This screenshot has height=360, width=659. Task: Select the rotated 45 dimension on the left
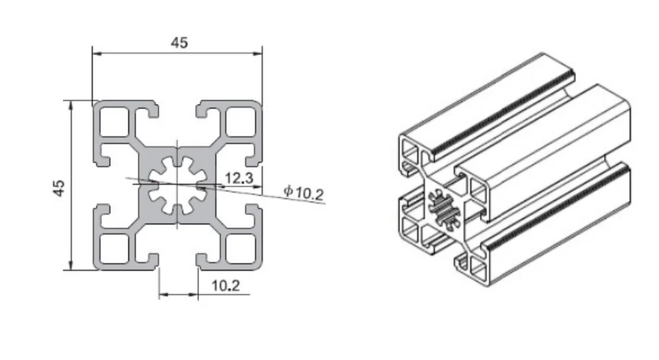(59, 187)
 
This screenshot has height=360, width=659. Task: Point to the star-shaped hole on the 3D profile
(440, 209)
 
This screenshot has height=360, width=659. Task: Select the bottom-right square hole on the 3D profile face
(475, 267)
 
